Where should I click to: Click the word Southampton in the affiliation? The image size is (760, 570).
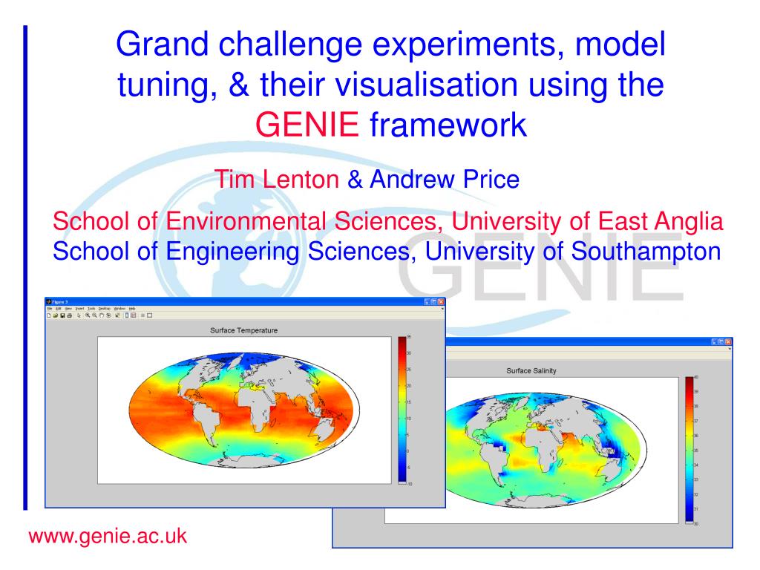646,251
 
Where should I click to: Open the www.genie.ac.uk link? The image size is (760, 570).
107,535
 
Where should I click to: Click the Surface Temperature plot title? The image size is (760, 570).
244,330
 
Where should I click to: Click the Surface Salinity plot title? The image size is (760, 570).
531,370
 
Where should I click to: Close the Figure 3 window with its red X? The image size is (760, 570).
441,302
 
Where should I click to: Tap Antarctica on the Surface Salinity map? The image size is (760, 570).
534,505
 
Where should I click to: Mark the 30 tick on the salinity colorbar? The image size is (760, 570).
695,524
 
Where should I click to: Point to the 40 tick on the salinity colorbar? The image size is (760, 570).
695,378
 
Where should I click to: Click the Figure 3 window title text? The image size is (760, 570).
60,302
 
